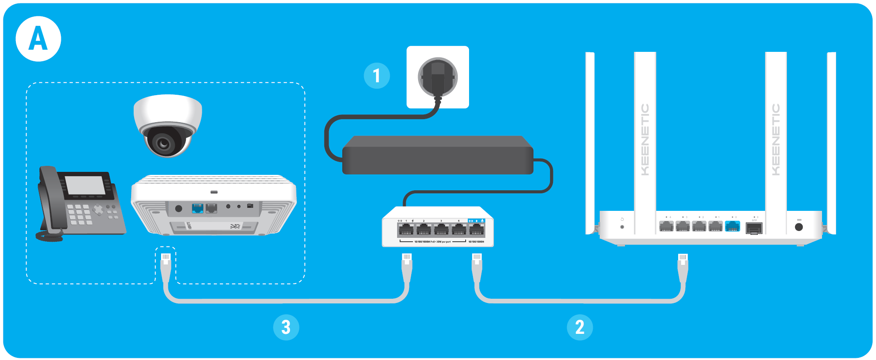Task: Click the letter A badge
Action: click(x=38, y=39)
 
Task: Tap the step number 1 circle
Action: click(x=377, y=76)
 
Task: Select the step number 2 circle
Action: click(x=580, y=327)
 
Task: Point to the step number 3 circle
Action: click(x=286, y=327)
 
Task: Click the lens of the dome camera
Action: click(x=163, y=143)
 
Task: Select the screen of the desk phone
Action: click(x=85, y=185)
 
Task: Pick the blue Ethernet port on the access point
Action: click(x=197, y=209)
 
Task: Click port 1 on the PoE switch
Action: click(x=406, y=230)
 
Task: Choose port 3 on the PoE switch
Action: click(x=441, y=230)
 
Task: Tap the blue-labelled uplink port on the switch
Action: click(x=476, y=230)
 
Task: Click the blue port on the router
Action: click(x=732, y=226)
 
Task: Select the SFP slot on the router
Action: click(x=753, y=228)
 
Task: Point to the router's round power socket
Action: click(x=798, y=227)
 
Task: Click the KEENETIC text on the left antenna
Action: click(x=645, y=139)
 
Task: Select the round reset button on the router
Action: click(x=622, y=227)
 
